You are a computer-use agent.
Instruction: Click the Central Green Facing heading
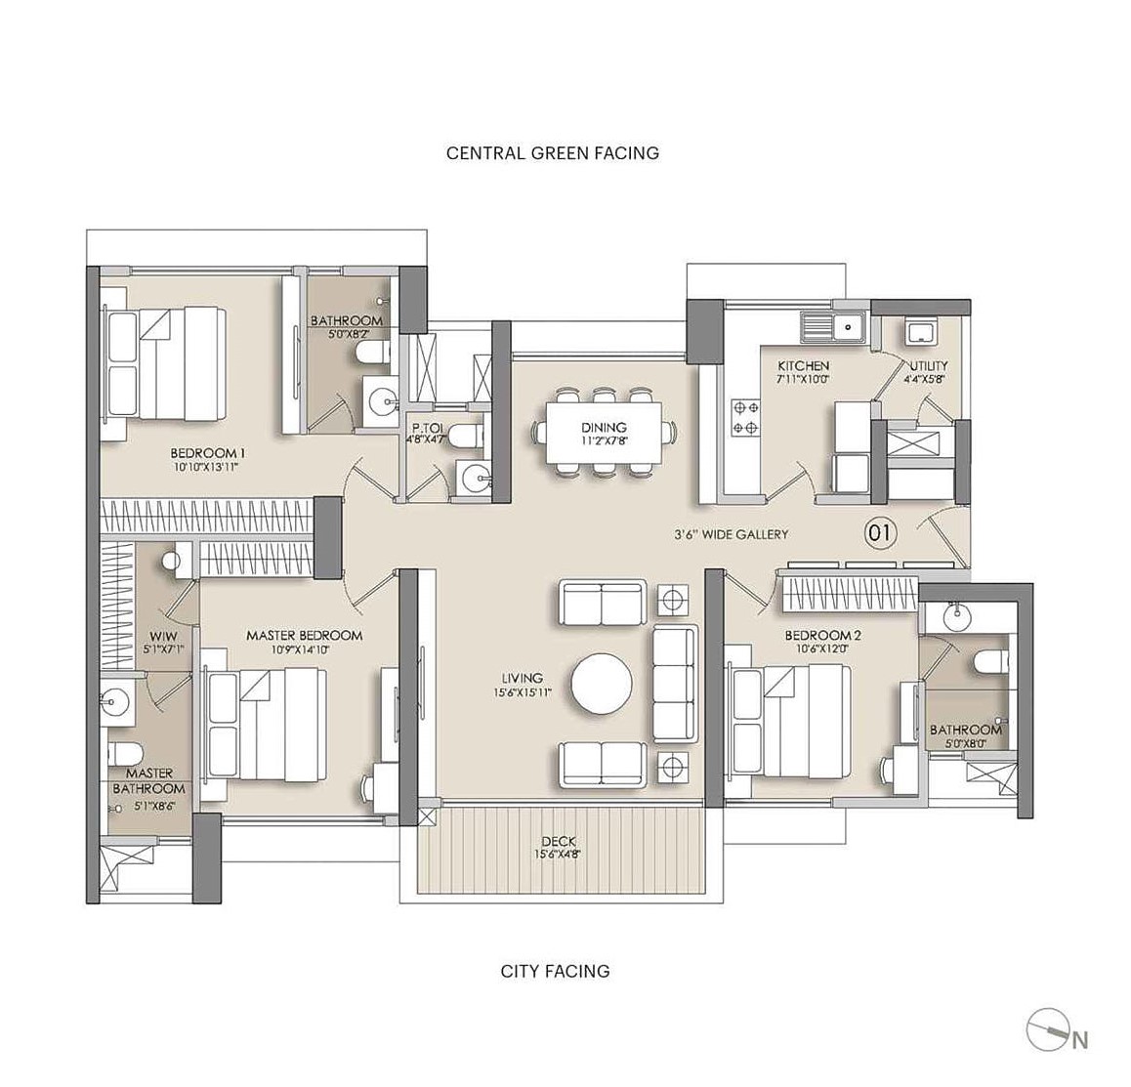click(553, 153)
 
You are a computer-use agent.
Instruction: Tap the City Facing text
click(555, 971)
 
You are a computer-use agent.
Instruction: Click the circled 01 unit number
click(880, 533)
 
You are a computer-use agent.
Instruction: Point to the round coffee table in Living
click(602, 683)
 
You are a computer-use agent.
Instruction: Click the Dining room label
click(604, 428)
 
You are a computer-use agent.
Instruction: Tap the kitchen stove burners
click(746, 418)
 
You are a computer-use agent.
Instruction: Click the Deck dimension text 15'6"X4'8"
click(560, 855)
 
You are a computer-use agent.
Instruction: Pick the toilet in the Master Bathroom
click(123, 753)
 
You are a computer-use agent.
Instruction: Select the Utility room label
click(928, 365)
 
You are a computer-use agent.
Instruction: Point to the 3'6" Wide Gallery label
click(731, 534)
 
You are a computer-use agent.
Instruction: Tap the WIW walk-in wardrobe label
click(163, 636)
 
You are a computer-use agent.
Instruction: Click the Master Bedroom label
click(304, 636)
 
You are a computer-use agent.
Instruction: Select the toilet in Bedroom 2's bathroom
click(990, 661)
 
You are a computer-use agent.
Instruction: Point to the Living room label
click(523, 678)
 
